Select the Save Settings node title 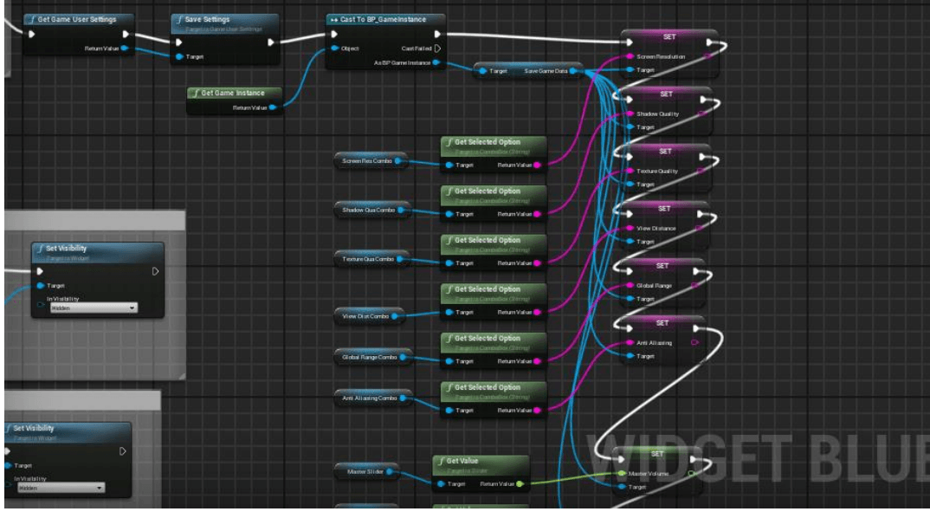pos(207,19)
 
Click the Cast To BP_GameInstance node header pos(386,19)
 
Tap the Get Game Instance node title pos(233,93)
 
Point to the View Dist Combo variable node pos(365,316)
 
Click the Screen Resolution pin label pos(660,56)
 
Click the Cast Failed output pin pos(437,49)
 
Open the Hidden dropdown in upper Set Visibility pos(94,308)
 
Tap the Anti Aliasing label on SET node pos(654,343)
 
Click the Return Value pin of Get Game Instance pos(272,107)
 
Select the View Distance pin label pos(656,229)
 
